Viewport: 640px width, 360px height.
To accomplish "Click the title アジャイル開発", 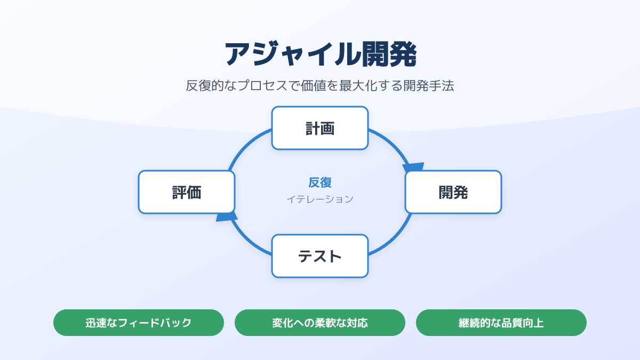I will (x=320, y=54).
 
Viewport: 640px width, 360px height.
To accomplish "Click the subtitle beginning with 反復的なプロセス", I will (x=320, y=86).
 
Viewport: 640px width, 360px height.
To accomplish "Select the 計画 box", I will (x=320, y=128).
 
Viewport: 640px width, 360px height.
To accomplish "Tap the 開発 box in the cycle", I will (x=453, y=192).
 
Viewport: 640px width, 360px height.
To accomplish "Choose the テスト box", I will (x=320, y=256).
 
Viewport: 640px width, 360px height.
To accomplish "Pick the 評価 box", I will (x=187, y=192).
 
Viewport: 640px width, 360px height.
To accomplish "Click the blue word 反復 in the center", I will (x=320, y=182).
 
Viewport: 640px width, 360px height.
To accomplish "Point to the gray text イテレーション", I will (x=320, y=199).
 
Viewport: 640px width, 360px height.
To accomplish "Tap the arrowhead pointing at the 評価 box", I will (x=227, y=215).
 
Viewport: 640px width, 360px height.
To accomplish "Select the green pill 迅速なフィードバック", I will (x=139, y=323).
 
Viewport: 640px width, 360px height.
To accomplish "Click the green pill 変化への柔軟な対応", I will (x=320, y=323).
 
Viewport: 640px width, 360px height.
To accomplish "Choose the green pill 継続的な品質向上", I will (x=501, y=323).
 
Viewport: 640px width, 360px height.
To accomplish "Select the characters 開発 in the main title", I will (x=389, y=54).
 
